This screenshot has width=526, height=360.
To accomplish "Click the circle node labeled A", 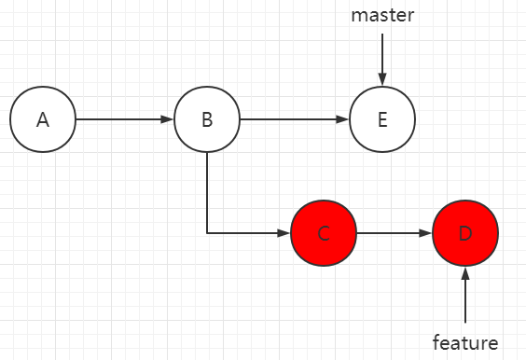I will coord(42,120).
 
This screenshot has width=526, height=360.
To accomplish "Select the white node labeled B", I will coord(207,120).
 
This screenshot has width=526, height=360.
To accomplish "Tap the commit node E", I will coord(381,120).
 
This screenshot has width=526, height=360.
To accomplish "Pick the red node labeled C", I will coord(324,232).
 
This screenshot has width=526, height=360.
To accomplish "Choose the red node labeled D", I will coord(465,232).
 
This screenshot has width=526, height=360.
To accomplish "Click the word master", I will coord(381,16).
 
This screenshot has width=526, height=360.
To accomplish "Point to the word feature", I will coord(465,342).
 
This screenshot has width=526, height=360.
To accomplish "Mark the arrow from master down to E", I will coord(381,56).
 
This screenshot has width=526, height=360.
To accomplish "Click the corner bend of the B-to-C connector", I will coord(207,232).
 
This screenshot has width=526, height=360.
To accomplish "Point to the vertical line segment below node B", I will coord(207,191).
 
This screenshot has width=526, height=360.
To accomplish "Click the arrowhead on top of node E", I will coord(381,81).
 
